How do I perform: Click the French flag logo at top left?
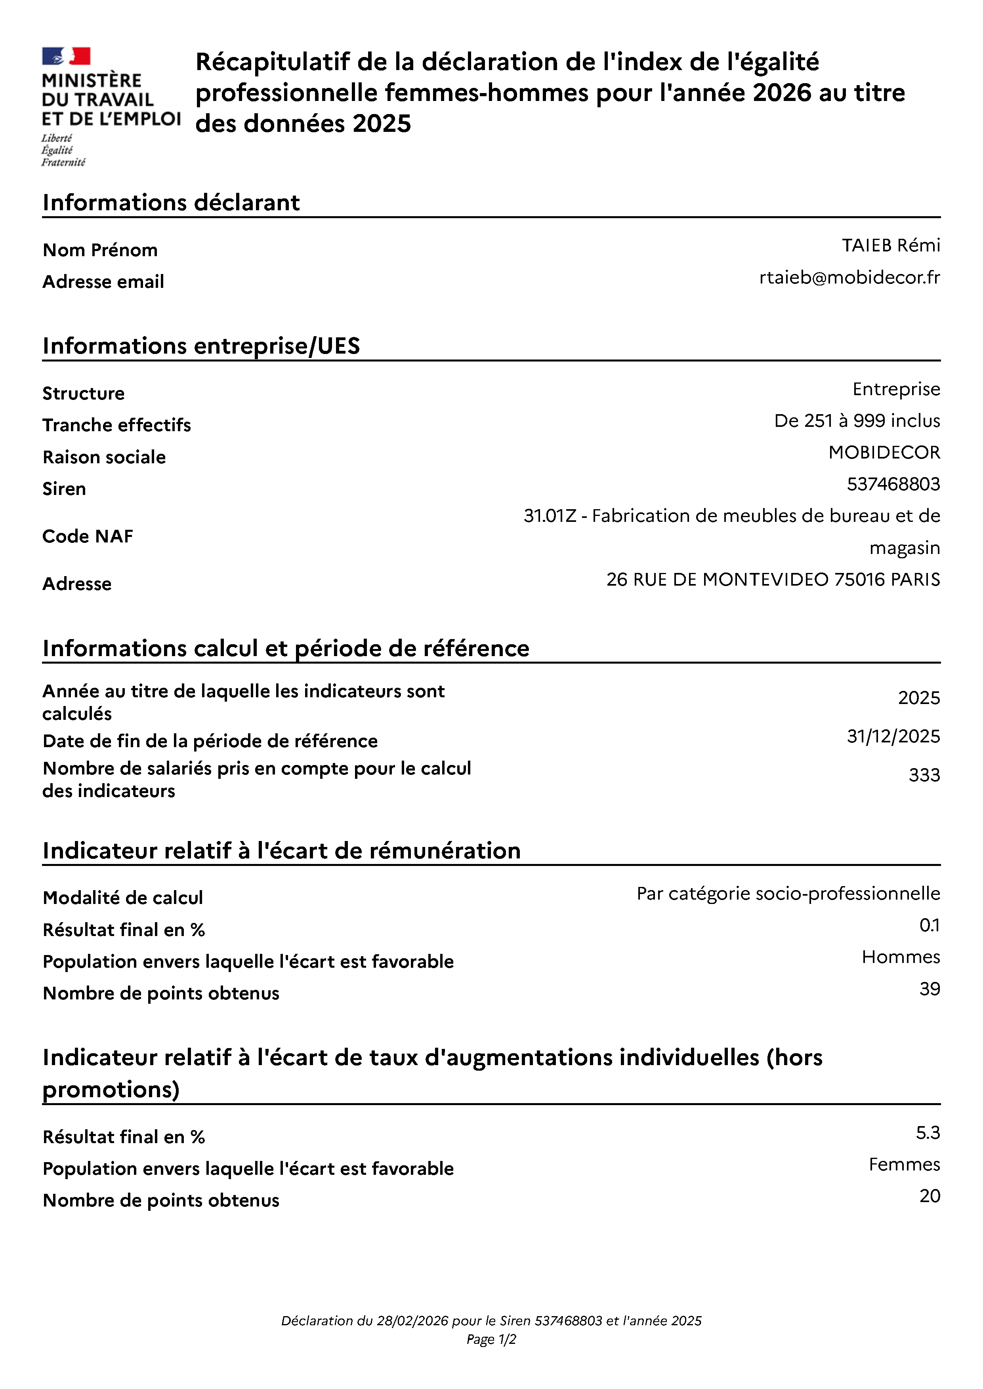pos(66,56)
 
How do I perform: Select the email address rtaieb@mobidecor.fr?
pos(849,277)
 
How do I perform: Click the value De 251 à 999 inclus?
pos(857,421)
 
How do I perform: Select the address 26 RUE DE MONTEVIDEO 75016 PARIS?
pos(773,580)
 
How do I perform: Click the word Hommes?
pos(901,957)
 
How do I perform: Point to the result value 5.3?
pos(927,1132)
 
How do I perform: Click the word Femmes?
pos(904,1164)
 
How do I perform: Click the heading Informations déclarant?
pos(171,203)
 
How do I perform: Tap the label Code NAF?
pos(88,537)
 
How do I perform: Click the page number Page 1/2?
pos(491,1340)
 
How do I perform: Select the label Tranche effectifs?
pos(117,425)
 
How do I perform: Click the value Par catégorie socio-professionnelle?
pos(788,894)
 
